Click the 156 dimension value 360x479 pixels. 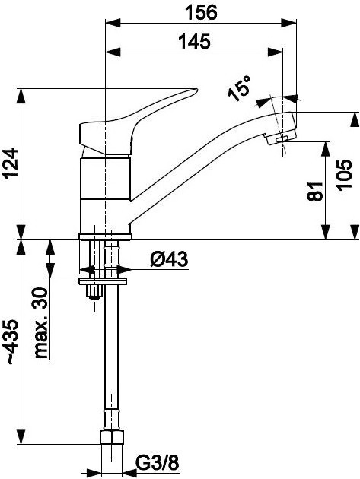coord(201,12)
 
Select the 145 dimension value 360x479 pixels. coord(196,42)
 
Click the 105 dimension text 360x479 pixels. coord(345,176)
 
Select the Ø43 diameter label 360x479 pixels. coord(169,260)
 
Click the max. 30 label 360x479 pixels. coord(43,323)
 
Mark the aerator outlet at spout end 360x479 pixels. coord(280,139)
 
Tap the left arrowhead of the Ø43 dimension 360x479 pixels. coord(84,270)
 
